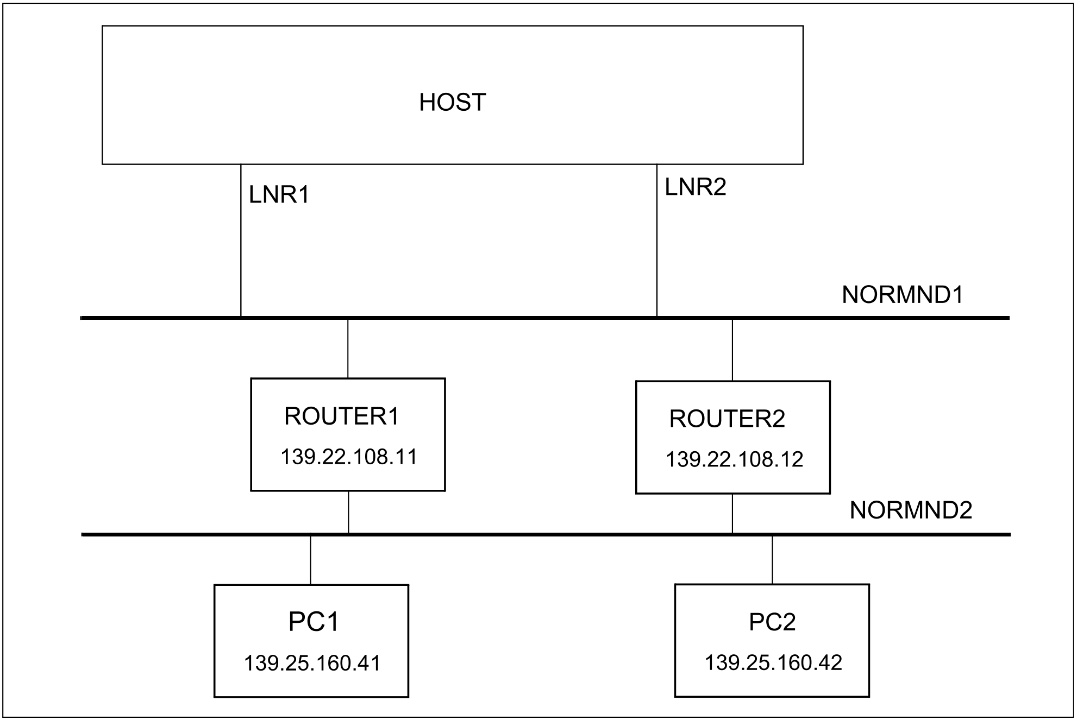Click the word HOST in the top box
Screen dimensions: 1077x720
click(452, 103)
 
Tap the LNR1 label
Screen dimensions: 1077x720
click(279, 194)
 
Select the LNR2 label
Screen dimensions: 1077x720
click(696, 187)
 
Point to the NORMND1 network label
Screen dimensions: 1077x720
click(903, 295)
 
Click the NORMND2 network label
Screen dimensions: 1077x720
click(911, 510)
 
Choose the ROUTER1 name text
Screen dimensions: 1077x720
click(342, 416)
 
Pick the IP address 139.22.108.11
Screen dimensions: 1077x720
click(349, 457)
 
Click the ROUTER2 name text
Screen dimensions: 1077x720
click(727, 419)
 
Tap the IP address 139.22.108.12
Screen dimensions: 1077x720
click(734, 459)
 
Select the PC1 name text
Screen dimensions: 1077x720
click(314, 622)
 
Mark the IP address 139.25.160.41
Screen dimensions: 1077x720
click(312, 663)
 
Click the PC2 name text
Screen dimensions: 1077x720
click(772, 622)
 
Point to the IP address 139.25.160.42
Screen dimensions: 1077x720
click(773, 662)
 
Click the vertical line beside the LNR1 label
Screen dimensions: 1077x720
click(241, 240)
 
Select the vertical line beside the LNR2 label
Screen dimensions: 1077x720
click(657, 240)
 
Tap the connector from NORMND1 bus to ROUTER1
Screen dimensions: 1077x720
click(348, 349)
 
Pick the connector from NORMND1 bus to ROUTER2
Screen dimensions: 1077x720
click(732, 350)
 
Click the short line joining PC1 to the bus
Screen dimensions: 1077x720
click(311, 560)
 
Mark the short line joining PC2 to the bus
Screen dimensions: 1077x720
click(772, 560)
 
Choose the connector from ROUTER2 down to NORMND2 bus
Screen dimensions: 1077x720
click(732, 513)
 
